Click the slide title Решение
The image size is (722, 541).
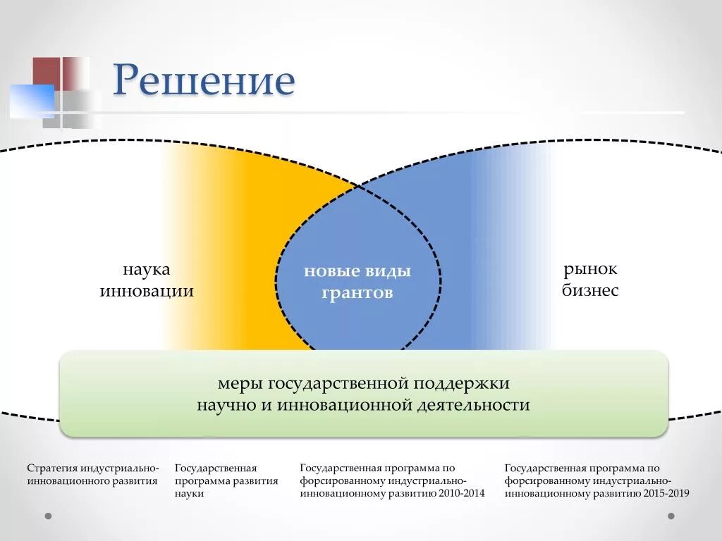click(x=204, y=80)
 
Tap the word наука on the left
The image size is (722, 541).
click(x=147, y=270)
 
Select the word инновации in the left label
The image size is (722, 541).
click(x=147, y=291)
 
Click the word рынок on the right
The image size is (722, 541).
click(x=590, y=269)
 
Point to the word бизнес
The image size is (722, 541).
click(x=590, y=290)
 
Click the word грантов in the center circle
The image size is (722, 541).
click(x=357, y=293)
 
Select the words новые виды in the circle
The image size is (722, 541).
click(x=357, y=272)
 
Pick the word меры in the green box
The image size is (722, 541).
click(x=239, y=385)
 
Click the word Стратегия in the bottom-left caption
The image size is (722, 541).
click(x=52, y=468)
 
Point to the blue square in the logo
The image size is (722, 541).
click(x=31, y=101)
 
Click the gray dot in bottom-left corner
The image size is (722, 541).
click(x=48, y=516)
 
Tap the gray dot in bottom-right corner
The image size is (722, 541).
click(x=671, y=516)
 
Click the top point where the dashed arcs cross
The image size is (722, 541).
click(x=358, y=186)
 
